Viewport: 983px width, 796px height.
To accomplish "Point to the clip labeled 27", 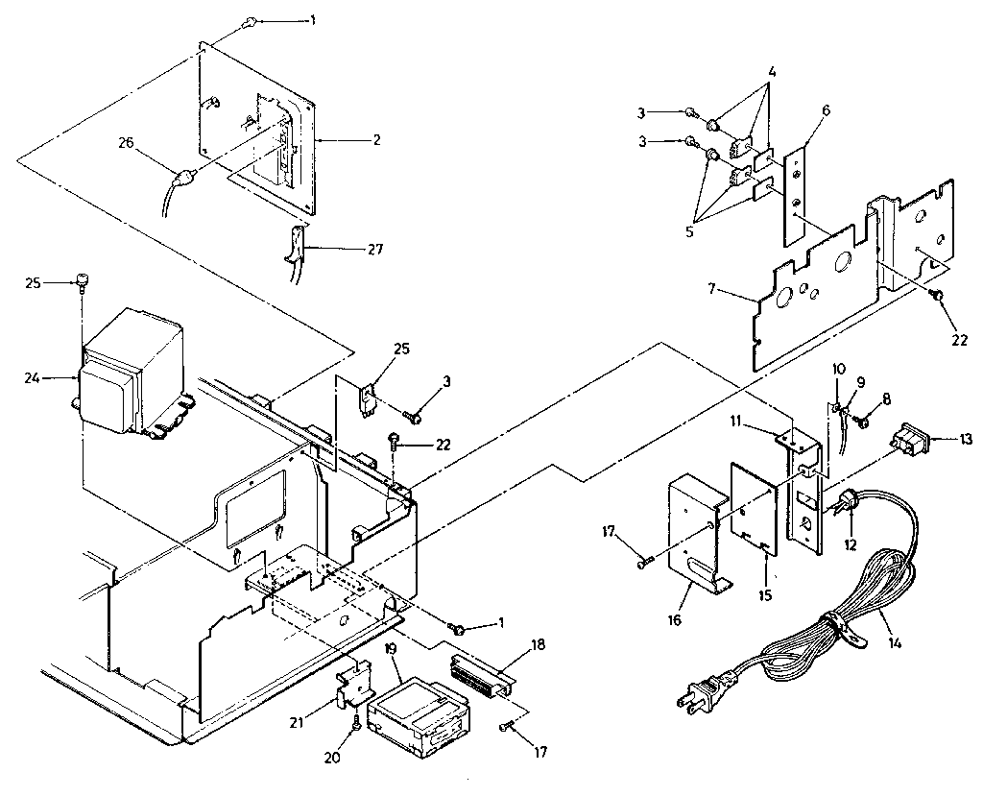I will point(295,247).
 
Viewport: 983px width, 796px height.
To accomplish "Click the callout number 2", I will point(377,140).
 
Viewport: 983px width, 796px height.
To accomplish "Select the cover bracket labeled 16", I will point(696,538).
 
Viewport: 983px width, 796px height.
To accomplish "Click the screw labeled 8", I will point(863,420).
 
